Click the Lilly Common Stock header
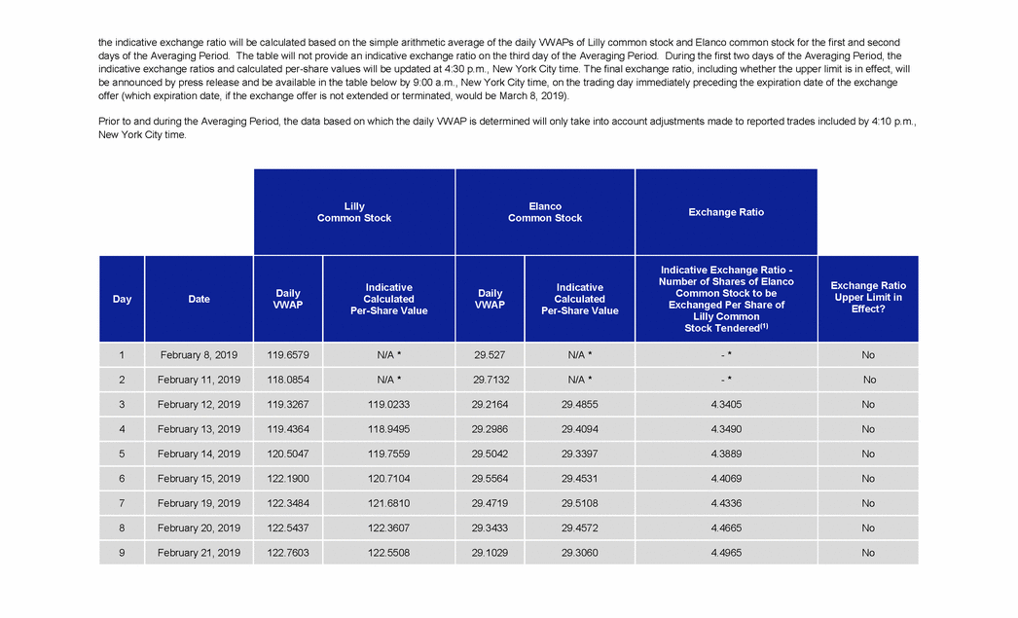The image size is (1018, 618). pos(354,212)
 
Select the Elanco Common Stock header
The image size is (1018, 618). pos(545,212)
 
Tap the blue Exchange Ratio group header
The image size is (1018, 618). pos(726,212)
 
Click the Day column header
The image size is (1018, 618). pos(122,299)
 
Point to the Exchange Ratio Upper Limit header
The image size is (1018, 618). pos(867,298)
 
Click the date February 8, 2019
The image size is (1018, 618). pos(199,355)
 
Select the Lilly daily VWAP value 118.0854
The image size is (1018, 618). pos(287,380)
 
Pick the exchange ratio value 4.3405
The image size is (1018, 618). pos(726,404)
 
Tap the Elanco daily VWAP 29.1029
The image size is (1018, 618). pos(490,553)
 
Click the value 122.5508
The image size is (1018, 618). pos(388,553)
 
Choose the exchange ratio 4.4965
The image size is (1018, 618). pos(726,553)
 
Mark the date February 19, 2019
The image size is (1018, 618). pos(199,503)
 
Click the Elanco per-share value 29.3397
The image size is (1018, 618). pos(579,454)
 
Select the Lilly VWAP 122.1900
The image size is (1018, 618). pos(287,479)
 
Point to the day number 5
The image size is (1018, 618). pos(122,454)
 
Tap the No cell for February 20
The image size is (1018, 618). pos(868,528)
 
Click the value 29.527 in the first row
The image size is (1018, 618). pos(490,355)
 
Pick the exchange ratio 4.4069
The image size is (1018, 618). pos(726,479)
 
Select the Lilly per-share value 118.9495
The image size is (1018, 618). pos(388,429)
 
